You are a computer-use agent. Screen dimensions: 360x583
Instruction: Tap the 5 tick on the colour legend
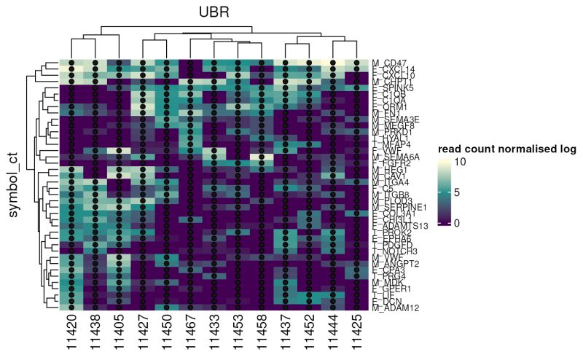point(487,192)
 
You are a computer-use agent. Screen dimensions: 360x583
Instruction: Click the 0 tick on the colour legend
point(487,223)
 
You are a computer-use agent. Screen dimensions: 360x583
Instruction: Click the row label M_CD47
point(389,63)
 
